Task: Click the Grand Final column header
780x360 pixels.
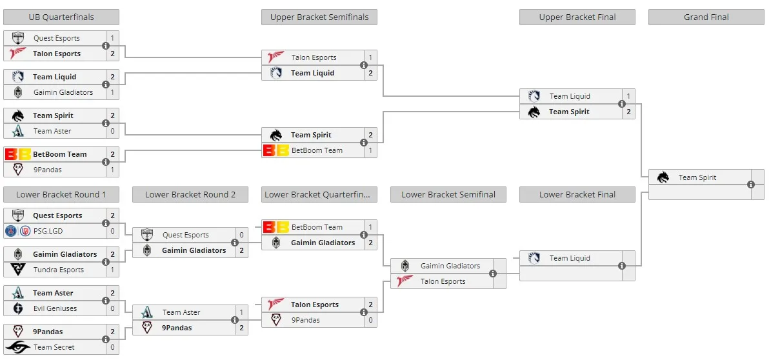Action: (706, 17)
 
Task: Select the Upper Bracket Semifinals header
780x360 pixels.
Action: (319, 17)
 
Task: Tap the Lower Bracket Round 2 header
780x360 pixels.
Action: (190, 195)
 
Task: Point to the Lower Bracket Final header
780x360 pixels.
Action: (577, 195)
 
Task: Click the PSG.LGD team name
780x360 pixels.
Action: (48, 231)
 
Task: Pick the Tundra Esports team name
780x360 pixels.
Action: (59, 270)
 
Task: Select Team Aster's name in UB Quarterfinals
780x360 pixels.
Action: (52, 131)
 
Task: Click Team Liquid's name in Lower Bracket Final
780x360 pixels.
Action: (570, 258)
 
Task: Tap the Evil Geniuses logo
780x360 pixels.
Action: (18, 308)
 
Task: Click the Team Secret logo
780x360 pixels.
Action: (18, 347)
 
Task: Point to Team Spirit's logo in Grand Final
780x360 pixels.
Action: (663, 177)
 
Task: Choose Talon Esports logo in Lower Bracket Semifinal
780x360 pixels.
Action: (405, 281)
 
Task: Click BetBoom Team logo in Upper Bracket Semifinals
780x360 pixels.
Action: (275, 150)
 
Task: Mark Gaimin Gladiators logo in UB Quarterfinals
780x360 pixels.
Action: (18, 92)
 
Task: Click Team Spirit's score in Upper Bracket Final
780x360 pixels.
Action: (628, 112)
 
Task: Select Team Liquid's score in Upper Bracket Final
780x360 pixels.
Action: (628, 96)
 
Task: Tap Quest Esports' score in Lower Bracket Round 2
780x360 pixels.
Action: (242, 235)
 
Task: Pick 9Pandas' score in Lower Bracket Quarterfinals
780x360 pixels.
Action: (370, 320)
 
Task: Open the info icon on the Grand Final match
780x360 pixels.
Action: (751, 185)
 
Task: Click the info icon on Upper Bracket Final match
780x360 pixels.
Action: (621, 104)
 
